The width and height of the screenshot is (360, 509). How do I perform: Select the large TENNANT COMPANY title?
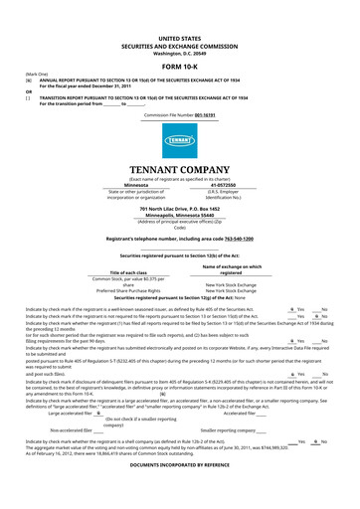[x=180, y=167]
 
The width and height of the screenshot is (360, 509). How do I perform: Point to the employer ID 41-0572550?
[x=224, y=184]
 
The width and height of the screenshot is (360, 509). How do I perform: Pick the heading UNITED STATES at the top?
[x=180, y=35]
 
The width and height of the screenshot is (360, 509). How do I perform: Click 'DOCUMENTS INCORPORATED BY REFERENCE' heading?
[x=180, y=493]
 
